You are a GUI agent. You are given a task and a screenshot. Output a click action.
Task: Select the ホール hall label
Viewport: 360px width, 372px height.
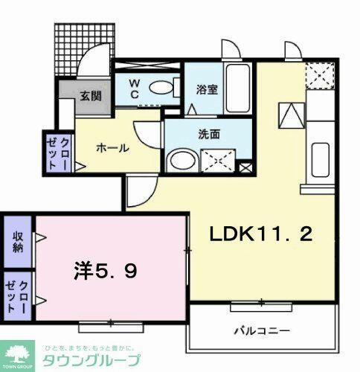click(x=112, y=147)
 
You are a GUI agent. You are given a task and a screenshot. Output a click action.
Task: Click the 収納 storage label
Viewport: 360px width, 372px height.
click(x=16, y=241)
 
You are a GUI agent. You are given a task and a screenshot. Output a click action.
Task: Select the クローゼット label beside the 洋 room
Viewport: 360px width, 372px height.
click(x=16, y=296)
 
